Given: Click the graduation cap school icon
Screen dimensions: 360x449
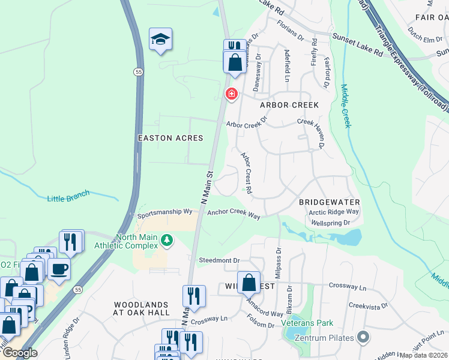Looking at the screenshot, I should [x=160, y=40].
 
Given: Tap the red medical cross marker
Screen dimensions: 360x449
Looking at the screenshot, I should [x=231, y=94].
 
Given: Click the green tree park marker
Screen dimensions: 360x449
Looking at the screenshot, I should [x=166, y=241].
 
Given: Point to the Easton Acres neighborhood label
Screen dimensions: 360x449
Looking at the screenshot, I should [x=170, y=138].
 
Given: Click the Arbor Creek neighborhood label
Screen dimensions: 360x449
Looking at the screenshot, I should [x=289, y=105].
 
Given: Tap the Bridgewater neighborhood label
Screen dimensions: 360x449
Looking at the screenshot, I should [x=329, y=203].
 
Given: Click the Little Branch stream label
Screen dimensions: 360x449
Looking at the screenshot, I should [x=68, y=196].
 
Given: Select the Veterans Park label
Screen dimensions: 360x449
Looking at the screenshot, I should [x=307, y=323].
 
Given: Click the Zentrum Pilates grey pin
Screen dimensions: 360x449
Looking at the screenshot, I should [x=362, y=337].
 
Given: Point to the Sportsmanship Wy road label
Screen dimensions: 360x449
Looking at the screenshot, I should [x=164, y=213].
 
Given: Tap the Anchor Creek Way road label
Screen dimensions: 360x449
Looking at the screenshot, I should [x=234, y=214].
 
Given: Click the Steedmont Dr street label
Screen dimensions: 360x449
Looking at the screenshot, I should [x=219, y=261].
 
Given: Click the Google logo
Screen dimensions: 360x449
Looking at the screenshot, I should [x=19, y=352].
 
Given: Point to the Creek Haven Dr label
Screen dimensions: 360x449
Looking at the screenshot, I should [x=312, y=133].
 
